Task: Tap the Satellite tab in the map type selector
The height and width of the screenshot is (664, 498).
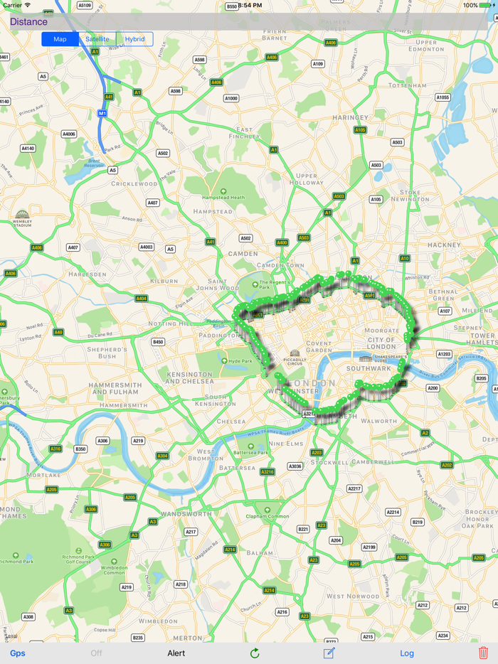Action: pyautogui.click(x=97, y=39)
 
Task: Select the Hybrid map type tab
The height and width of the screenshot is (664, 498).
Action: pyautogui.click(x=134, y=39)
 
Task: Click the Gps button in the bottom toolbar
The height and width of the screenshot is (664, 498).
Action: pyautogui.click(x=17, y=653)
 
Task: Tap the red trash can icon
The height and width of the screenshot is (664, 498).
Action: pyautogui.click(x=484, y=653)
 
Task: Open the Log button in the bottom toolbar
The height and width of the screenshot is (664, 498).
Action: pyautogui.click(x=407, y=653)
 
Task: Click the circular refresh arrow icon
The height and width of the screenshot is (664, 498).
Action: pyautogui.click(x=255, y=653)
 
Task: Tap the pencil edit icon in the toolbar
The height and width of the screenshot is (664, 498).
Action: pyautogui.click(x=329, y=653)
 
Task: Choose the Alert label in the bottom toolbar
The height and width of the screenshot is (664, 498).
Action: pyautogui.click(x=176, y=653)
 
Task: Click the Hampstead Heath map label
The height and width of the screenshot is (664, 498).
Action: pyautogui.click(x=223, y=197)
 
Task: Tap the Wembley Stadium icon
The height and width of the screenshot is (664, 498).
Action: pyautogui.click(x=23, y=215)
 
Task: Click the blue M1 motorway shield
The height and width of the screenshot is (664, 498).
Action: pyautogui.click(x=102, y=114)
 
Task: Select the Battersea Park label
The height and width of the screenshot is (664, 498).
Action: pyautogui.click(x=253, y=452)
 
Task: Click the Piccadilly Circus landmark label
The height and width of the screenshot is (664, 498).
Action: pyautogui.click(x=295, y=360)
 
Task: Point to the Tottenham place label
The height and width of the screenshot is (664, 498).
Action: pyautogui.click(x=408, y=86)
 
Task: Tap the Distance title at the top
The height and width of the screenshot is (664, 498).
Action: pyautogui.click(x=28, y=22)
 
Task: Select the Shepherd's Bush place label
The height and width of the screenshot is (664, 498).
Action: pyautogui.click(x=107, y=352)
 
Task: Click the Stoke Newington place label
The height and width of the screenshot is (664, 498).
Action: pyautogui.click(x=410, y=196)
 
